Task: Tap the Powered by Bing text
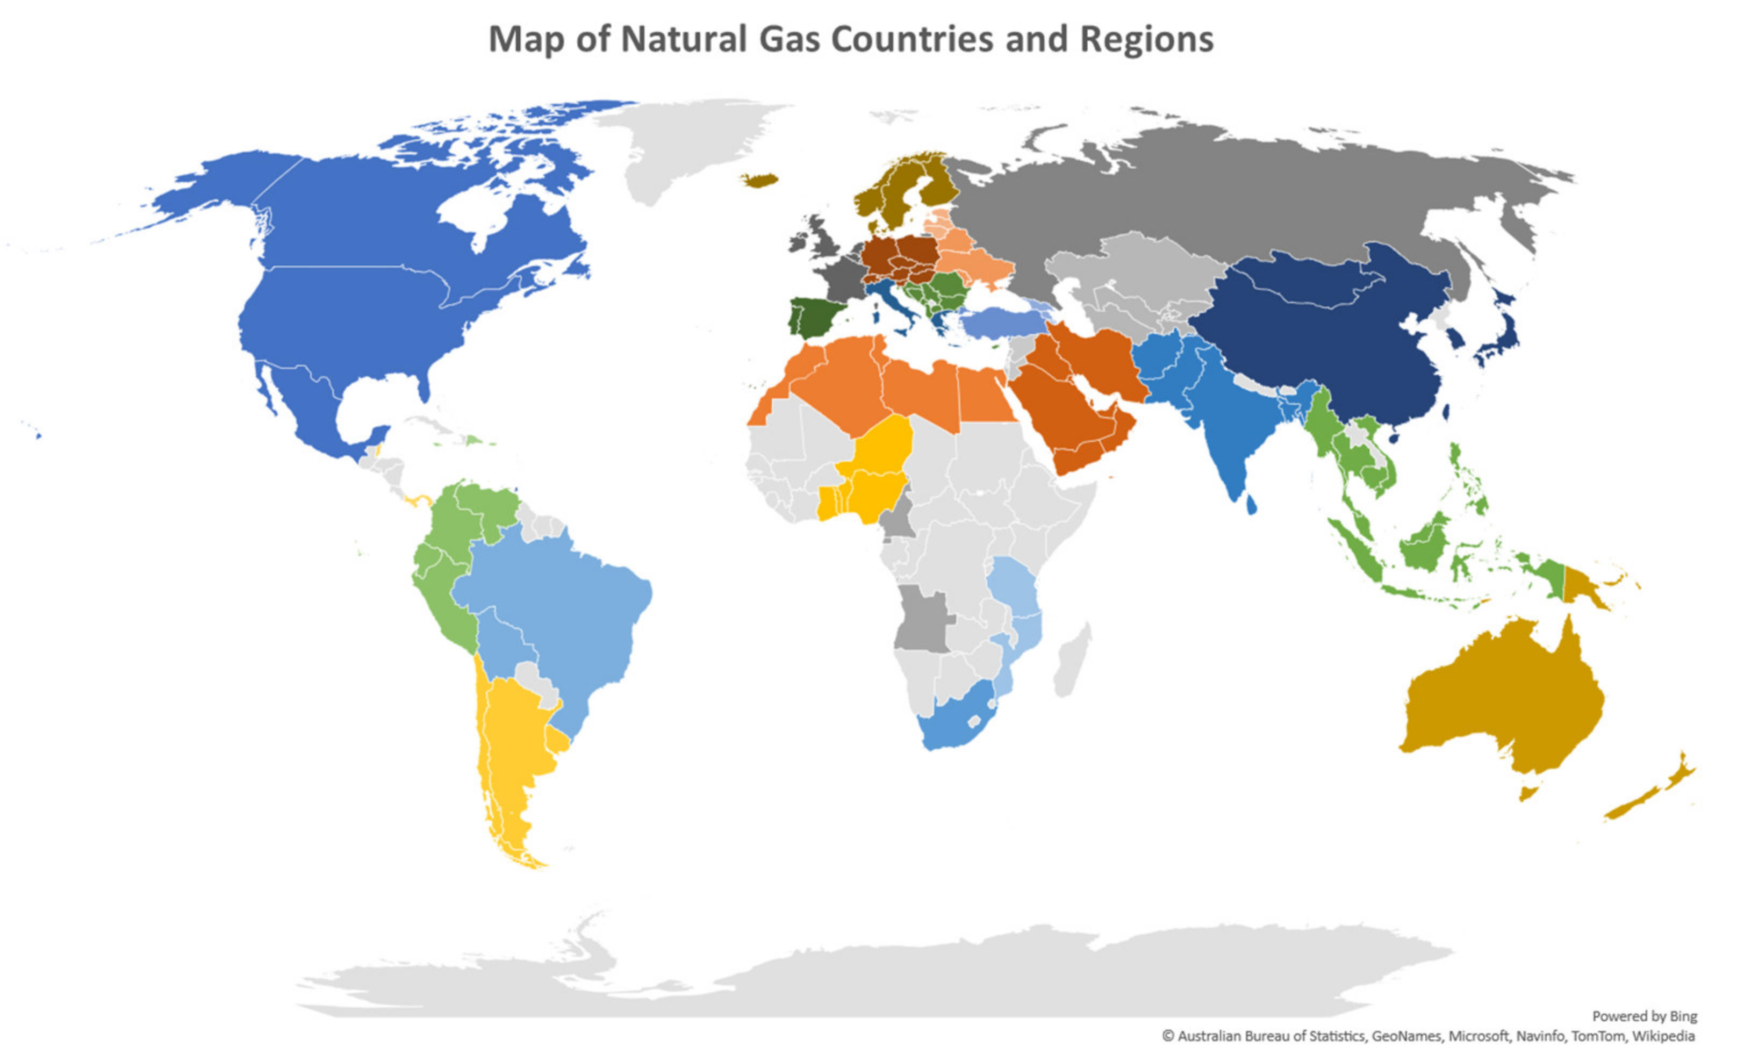coord(1644,1016)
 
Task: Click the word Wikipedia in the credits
coord(1663,1036)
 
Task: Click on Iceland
coord(759,180)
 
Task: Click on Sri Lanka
coord(1251,505)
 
